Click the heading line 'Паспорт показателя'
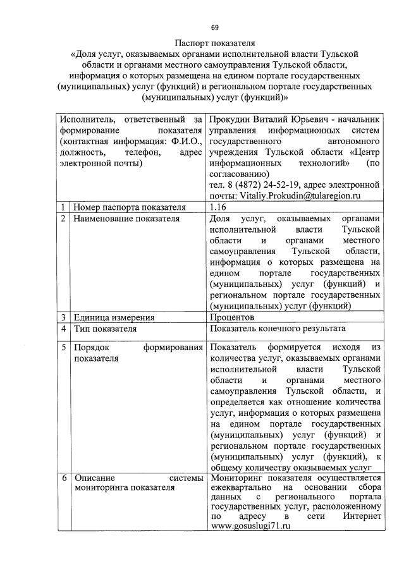215,44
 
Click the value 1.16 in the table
218,207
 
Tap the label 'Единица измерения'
114,317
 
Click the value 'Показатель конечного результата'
278,329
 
